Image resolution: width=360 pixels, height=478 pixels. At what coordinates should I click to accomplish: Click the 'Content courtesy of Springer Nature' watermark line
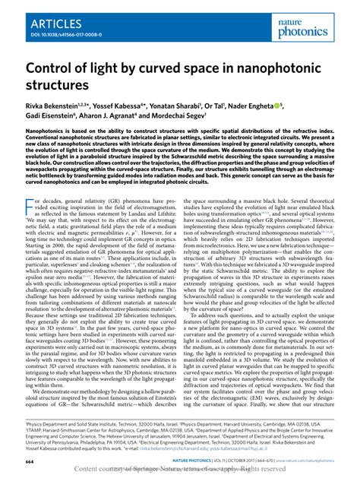coord(180,470)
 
